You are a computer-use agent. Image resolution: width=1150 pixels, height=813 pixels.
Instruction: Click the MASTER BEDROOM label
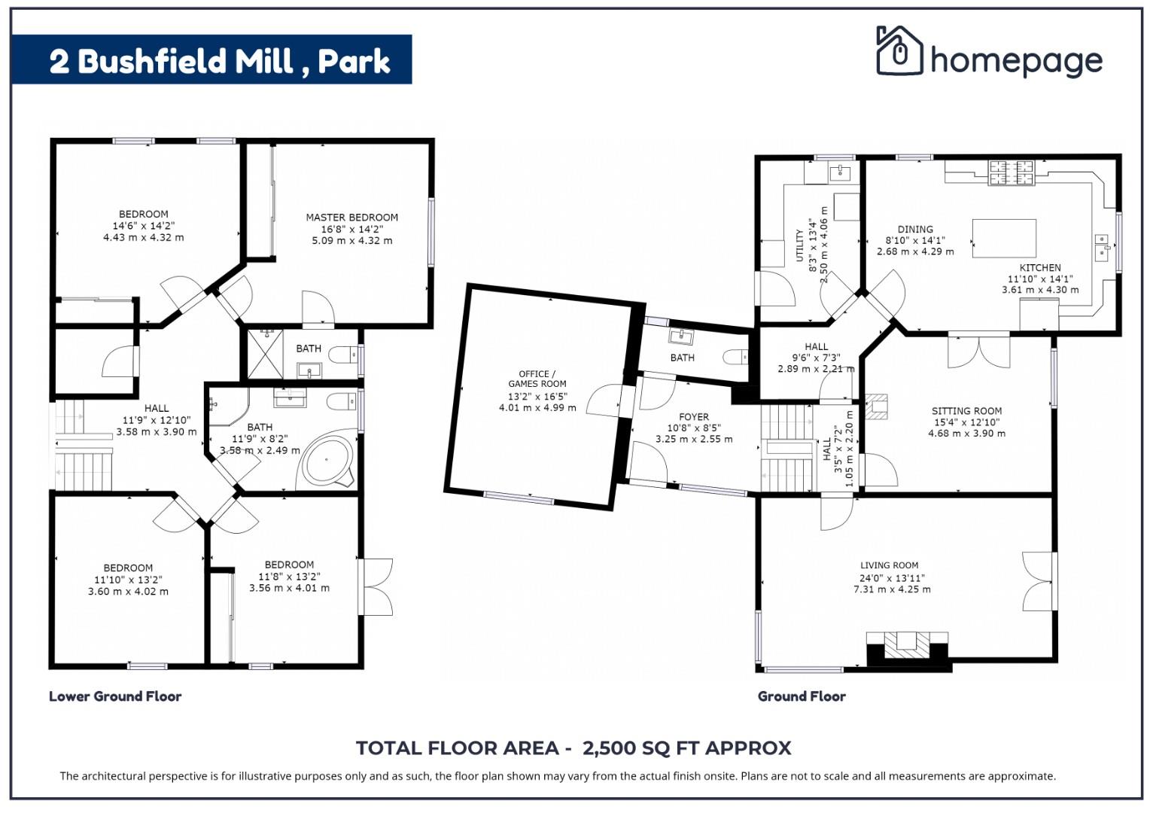point(351,218)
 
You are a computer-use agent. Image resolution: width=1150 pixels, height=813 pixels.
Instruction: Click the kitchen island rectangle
point(1003,238)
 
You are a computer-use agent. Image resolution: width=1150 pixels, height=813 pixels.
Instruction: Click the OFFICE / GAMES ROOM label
point(537,379)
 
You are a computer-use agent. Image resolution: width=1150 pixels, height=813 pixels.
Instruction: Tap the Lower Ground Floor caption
point(115,696)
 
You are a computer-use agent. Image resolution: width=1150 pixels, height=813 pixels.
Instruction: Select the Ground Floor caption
point(802,696)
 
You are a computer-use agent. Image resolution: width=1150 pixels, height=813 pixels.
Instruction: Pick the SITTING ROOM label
point(966,411)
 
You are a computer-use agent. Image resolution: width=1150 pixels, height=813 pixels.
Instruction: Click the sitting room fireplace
point(876,406)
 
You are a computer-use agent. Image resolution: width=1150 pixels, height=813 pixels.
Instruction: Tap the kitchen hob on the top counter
point(1011,172)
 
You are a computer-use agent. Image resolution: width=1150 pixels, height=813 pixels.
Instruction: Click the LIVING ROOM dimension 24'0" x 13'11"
point(892,578)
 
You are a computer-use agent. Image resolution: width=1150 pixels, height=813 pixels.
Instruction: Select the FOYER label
point(693,416)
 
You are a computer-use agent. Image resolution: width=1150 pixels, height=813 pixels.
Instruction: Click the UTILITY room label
point(799,245)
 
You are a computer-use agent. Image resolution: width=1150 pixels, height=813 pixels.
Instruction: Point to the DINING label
point(915,229)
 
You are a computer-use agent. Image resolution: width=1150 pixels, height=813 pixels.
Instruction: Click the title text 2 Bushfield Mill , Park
point(220,60)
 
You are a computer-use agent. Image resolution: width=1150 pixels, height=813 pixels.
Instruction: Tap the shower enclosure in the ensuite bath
point(263,354)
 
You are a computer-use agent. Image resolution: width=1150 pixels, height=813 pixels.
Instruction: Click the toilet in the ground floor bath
point(735,357)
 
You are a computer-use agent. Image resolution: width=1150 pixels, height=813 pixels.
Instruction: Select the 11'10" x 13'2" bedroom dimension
point(128,580)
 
